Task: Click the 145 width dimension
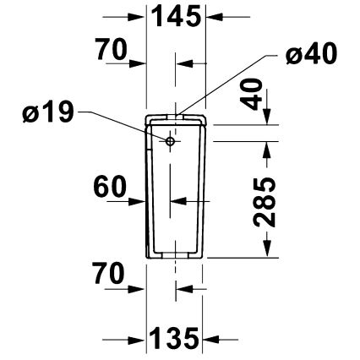coord(176,15)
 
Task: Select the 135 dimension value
coord(175,339)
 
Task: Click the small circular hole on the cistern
coord(170,142)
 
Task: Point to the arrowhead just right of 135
coord(209,339)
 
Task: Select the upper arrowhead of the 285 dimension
coord(269,147)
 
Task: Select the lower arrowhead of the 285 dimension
coord(269,250)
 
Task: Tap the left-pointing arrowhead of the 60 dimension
coord(177,202)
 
